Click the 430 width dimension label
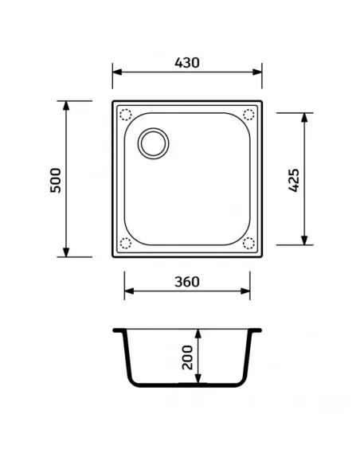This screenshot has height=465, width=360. coord(187,62)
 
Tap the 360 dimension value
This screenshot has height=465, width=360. coord(186,281)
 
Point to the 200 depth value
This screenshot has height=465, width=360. coord(187,356)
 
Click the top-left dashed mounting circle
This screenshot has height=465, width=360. coord(124,114)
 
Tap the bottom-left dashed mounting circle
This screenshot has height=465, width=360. coord(124,243)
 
